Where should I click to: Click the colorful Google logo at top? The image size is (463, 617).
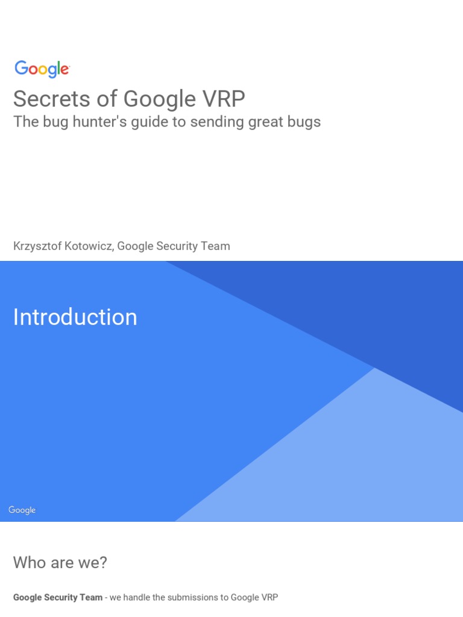pos(42,69)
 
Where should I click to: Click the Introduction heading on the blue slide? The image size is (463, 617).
pos(75,318)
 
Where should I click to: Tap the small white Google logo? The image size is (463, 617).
pos(22,510)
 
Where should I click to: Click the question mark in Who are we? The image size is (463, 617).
pos(103,563)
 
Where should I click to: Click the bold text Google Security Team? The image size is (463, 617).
pos(58,598)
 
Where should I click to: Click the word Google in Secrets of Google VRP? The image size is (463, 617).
pos(160,99)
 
